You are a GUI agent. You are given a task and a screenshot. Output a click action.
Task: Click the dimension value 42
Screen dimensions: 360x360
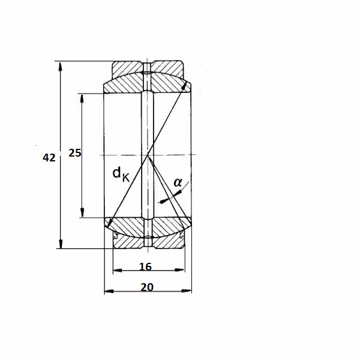pos(49,158)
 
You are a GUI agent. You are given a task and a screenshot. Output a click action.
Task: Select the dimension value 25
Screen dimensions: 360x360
pos(75,153)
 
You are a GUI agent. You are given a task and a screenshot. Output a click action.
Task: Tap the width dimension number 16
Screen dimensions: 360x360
pos(145,266)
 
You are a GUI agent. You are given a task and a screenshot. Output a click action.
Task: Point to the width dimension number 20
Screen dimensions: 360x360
pos(147,287)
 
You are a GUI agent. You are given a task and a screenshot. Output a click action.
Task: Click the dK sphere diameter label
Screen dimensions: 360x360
pos(121,174)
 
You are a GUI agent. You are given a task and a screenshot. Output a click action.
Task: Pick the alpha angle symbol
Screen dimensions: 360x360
pos(178,182)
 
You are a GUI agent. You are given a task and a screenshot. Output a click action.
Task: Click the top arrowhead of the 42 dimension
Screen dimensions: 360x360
pos(60,67)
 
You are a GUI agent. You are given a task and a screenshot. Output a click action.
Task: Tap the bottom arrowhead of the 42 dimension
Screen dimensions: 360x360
pos(61,244)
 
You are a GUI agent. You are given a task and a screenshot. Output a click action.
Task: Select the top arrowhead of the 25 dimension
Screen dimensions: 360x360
pos(82,99)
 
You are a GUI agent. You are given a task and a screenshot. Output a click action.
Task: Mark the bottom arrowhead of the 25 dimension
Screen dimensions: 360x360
pos(82,212)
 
